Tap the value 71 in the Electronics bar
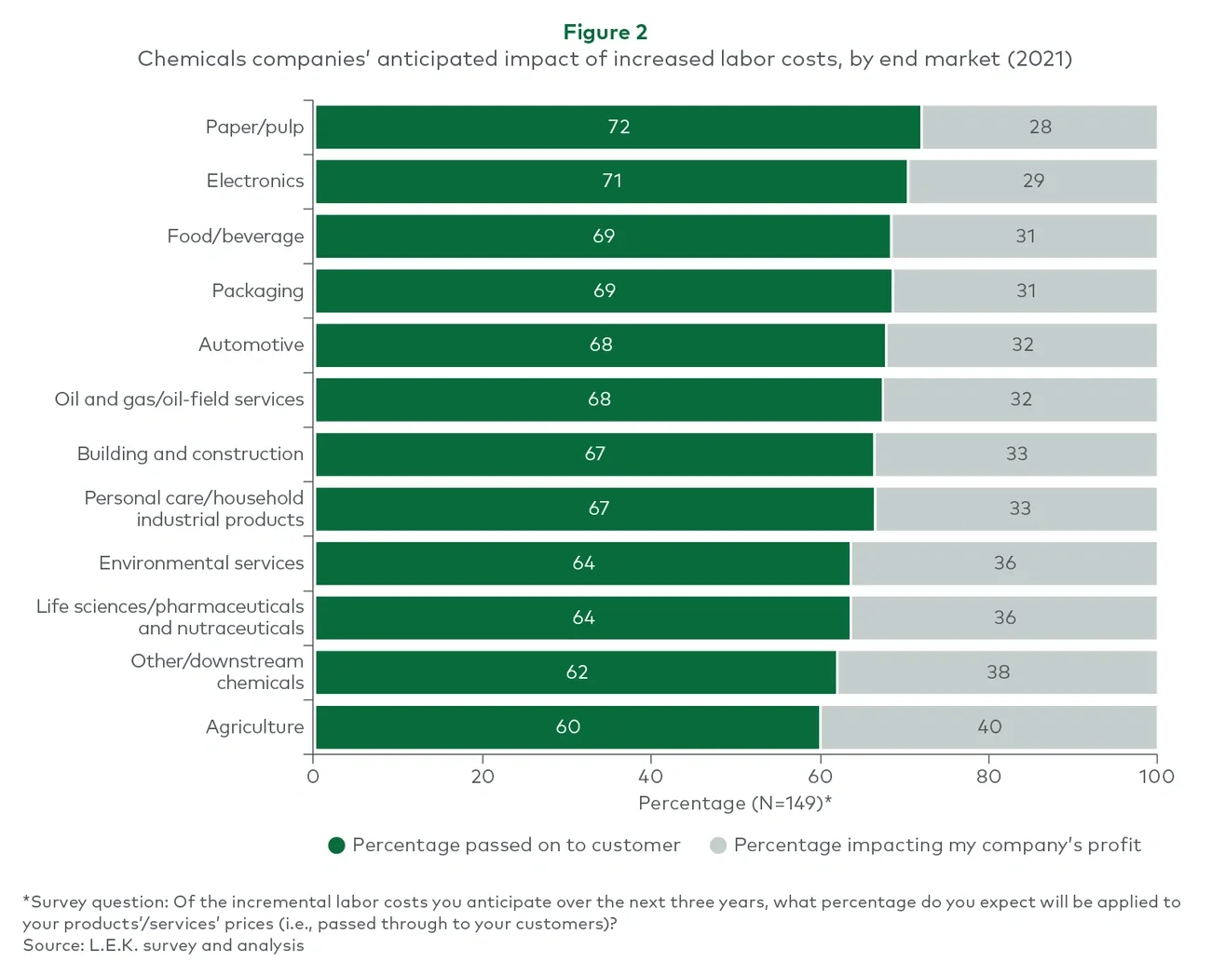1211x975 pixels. [x=612, y=181]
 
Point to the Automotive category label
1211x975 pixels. [x=251, y=345]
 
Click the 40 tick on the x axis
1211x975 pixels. [x=650, y=777]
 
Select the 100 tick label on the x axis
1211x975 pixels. [x=1156, y=777]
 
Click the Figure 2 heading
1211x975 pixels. [x=605, y=32]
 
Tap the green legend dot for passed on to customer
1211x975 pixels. [x=337, y=846]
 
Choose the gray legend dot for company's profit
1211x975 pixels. [x=717, y=846]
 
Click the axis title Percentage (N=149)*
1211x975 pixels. [x=734, y=804]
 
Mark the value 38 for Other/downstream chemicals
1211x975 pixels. [x=998, y=672]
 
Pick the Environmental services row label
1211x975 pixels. [x=201, y=563]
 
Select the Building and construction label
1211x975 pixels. [x=190, y=454]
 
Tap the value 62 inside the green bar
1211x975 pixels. [x=577, y=672]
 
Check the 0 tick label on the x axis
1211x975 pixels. [x=313, y=777]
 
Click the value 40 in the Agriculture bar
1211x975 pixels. [x=989, y=727]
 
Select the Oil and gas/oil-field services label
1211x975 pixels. [x=179, y=399]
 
